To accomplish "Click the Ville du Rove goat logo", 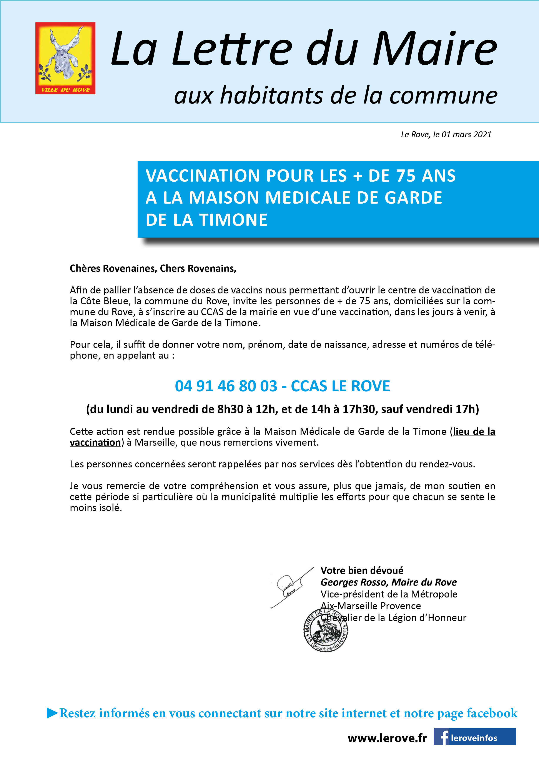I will coord(65,58).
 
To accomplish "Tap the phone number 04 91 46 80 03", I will coord(226,386).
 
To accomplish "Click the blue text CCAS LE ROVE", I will coord(340,386).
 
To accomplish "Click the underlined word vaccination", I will coord(95,442).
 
